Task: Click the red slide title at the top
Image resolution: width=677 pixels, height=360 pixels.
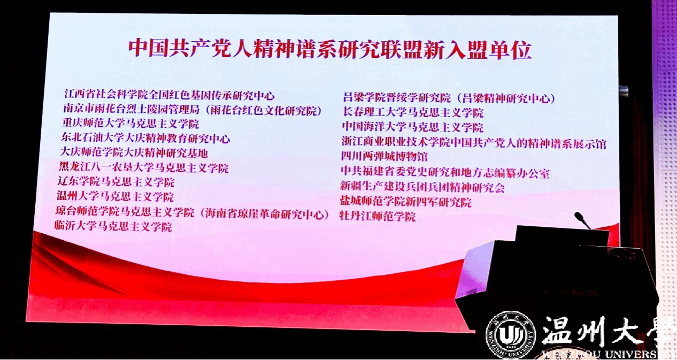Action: click(330, 50)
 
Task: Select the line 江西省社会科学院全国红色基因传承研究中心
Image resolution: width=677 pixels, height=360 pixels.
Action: click(169, 95)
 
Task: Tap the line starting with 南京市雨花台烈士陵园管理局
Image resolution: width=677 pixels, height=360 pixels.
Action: click(193, 110)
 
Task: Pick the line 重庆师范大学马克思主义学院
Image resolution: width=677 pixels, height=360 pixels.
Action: click(131, 124)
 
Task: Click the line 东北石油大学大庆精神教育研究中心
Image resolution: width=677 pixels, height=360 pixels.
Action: click(145, 138)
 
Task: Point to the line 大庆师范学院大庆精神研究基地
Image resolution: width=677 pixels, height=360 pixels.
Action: click(134, 152)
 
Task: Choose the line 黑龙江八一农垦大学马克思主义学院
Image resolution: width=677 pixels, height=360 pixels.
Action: click(144, 167)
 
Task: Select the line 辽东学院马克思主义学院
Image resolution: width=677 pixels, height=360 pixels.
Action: click(116, 182)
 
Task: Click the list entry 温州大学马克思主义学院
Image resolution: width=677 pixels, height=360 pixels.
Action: click(115, 196)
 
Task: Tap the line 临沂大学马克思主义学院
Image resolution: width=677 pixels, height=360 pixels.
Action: click(113, 226)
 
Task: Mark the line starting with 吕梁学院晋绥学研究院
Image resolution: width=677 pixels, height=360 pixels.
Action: click(449, 98)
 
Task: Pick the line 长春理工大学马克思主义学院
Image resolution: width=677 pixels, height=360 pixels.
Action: click(413, 112)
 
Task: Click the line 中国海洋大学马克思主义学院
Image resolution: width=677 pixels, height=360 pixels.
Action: click(412, 127)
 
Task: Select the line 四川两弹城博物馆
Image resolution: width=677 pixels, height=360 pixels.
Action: click(384, 156)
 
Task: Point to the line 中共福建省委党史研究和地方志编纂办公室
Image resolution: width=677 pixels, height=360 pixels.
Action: click(445, 172)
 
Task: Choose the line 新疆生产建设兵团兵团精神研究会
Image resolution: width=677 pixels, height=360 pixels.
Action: click(422, 187)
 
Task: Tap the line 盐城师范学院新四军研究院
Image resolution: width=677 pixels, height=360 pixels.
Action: click(405, 201)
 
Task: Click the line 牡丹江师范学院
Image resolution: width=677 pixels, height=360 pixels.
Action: click(378, 216)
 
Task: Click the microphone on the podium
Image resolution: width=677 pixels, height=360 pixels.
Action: click(582, 219)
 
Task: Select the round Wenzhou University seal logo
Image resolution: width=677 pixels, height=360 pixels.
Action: click(511, 335)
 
